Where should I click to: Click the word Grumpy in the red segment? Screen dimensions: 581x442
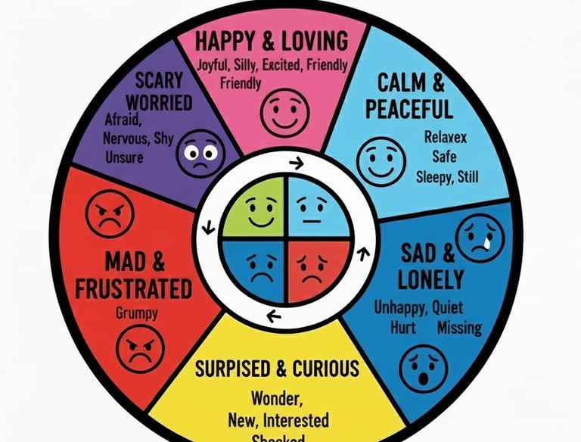pos(138,311)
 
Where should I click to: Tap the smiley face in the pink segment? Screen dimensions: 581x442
pos(284,110)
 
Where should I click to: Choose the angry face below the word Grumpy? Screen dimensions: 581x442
pos(140,348)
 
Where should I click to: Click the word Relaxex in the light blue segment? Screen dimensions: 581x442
pos(443,139)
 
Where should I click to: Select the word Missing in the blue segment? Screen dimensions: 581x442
pos(459,328)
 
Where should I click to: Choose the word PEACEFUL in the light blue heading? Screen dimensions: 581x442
pos(409,110)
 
